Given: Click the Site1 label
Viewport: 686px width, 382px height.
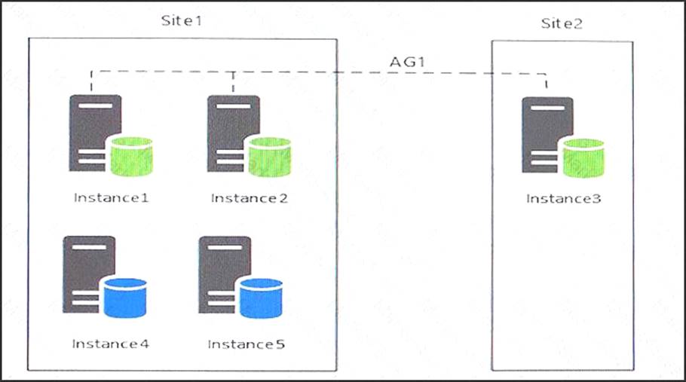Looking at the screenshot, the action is coord(181,20).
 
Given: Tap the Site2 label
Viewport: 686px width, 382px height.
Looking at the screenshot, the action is coord(562,23).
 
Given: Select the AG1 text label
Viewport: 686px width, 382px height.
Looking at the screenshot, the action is coord(407,62).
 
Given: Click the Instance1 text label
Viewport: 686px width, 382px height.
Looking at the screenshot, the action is coord(111,198).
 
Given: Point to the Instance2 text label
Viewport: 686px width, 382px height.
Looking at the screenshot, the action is coord(250,198).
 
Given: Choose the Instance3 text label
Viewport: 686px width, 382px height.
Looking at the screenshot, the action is coord(564,199).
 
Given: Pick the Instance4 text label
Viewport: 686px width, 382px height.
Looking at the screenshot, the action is coord(111,344).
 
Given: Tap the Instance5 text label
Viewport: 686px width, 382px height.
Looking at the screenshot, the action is coord(247,344).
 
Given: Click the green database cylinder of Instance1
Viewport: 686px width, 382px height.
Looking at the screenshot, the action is coord(131,157).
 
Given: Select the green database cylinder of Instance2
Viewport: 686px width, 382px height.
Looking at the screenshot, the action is coord(270,157).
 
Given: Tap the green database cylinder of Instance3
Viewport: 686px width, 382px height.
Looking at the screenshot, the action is coord(583,158).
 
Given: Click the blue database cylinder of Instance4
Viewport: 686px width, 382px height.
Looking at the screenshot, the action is coord(125,298).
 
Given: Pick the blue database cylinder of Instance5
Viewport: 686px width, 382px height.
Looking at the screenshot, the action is coord(261,298).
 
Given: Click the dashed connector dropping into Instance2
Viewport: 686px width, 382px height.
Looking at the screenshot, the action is coord(233,81).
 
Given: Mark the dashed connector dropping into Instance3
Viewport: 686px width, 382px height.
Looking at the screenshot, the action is coord(546,81).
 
